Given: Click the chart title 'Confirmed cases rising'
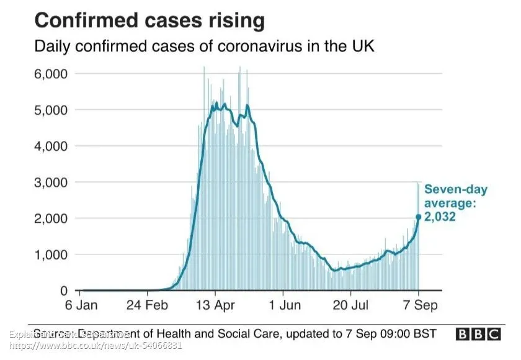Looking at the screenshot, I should click(x=149, y=20).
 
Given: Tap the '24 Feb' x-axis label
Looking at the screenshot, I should click(x=147, y=305).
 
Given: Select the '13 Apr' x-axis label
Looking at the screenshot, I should click(x=215, y=305).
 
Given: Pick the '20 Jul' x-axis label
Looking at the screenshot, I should click(x=350, y=305).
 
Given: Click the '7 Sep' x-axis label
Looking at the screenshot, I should click(x=419, y=305).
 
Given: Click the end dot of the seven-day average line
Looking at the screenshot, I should click(x=419, y=217).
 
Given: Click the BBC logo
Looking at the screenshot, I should click(x=478, y=334).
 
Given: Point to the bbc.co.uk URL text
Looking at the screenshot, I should click(x=96, y=344).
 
